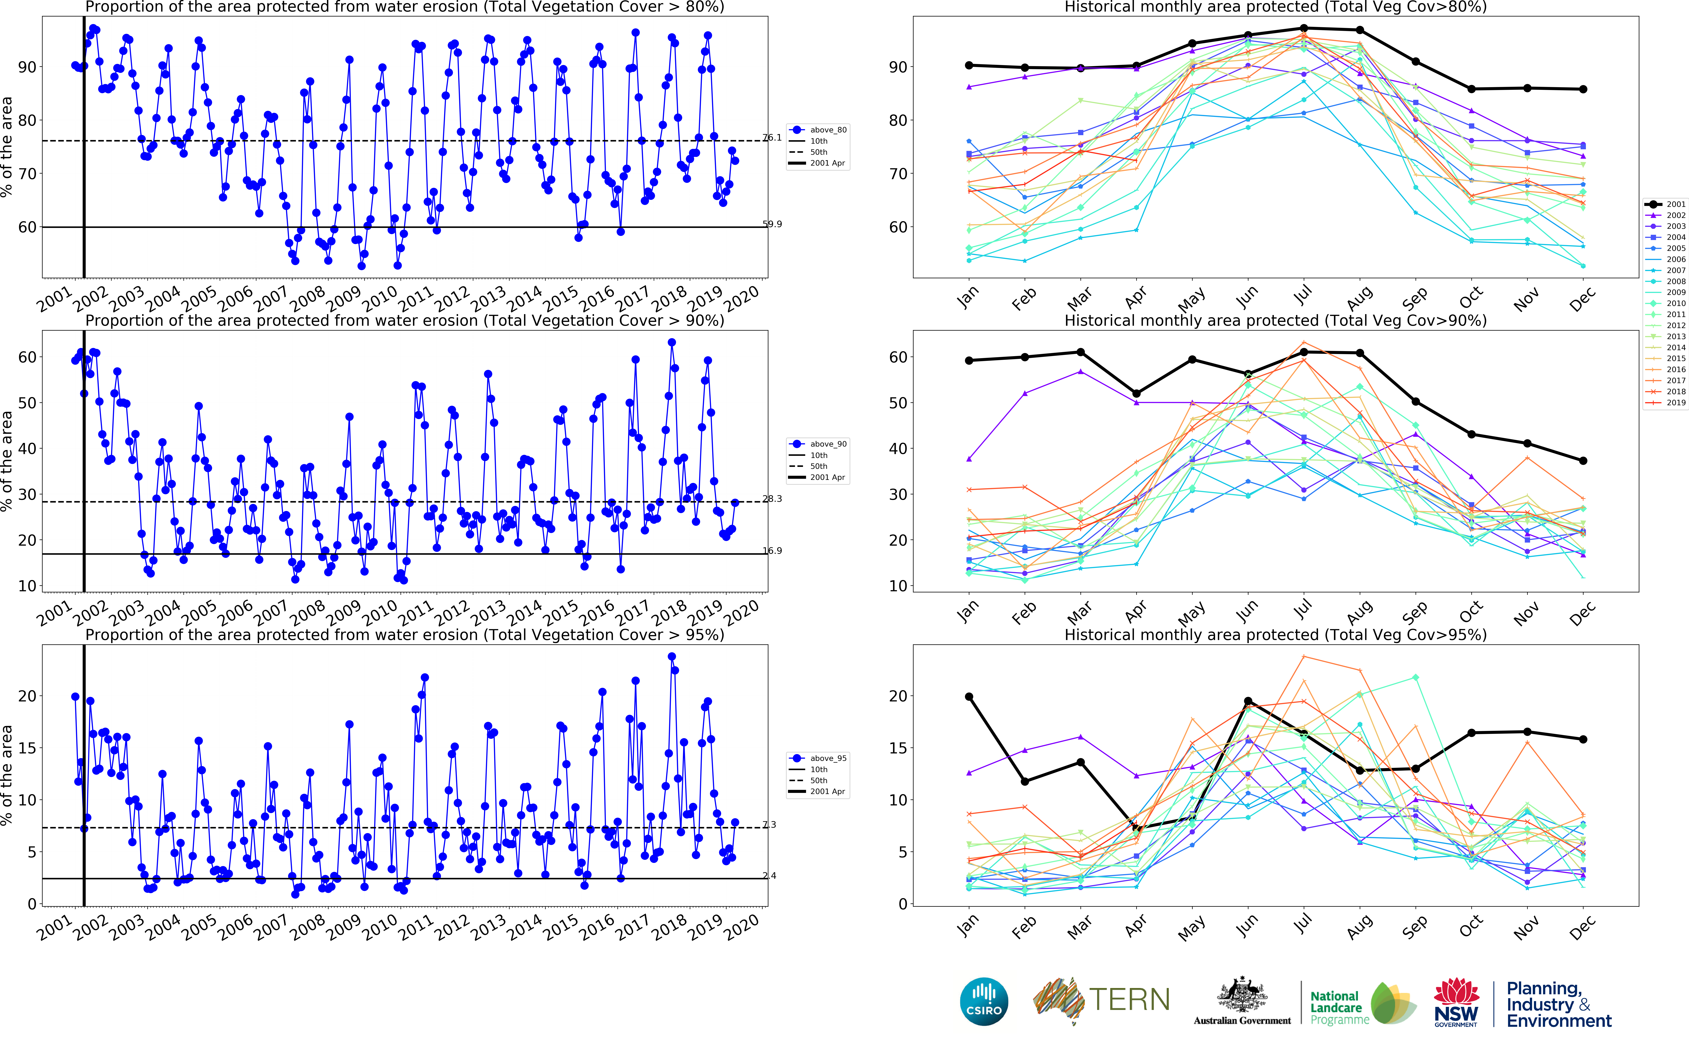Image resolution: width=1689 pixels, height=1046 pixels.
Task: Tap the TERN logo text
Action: (1129, 1000)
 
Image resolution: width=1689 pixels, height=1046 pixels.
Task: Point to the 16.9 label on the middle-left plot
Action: (772, 551)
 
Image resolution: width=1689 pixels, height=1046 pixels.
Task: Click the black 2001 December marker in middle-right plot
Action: (1583, 461)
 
